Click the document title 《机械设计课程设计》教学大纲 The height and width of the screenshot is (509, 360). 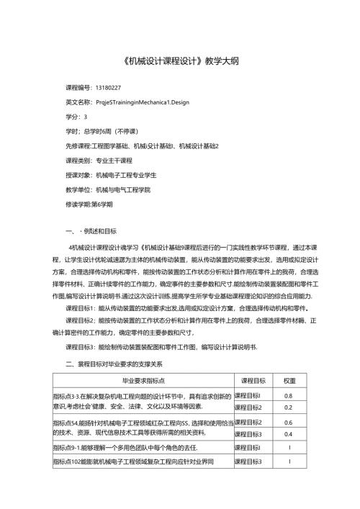(x=179, y=61)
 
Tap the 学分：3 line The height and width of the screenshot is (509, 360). (x=76, y=117)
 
